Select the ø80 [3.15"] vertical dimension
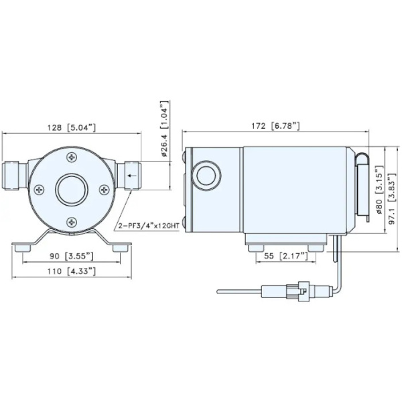379,189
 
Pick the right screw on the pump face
105,190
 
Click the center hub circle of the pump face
72,190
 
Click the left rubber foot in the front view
25,248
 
